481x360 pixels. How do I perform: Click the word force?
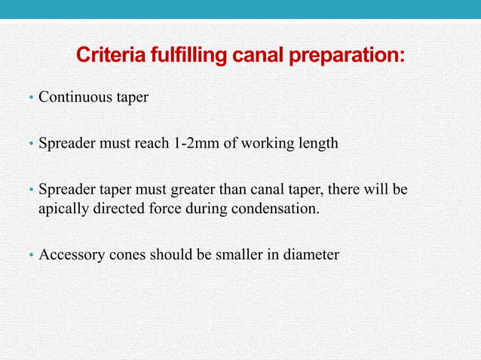(x=167, y=208)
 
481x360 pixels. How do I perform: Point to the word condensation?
(x=274, y=208)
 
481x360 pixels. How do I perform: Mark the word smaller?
(x=228, y=255)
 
